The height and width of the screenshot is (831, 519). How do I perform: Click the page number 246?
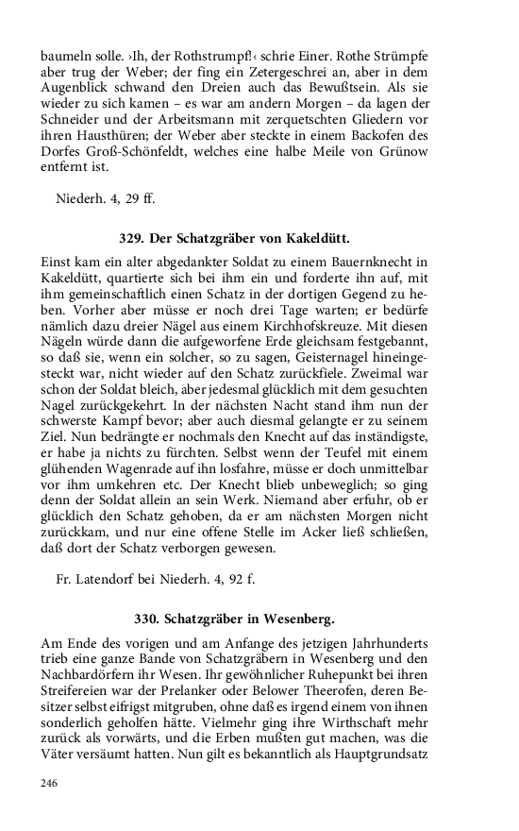pos(49,783)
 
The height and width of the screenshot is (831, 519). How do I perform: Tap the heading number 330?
pos(148,619)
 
